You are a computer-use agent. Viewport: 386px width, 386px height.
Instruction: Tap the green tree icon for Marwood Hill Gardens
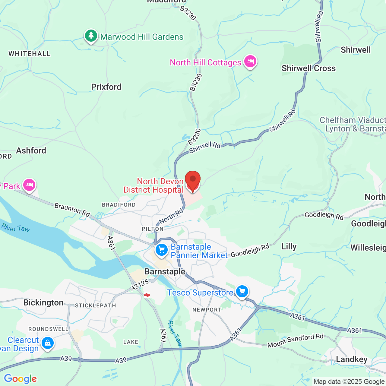(91, 36)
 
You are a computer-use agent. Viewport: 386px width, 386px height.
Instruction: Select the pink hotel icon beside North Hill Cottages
(250, 62)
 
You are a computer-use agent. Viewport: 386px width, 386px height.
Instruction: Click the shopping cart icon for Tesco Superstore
(242, 292)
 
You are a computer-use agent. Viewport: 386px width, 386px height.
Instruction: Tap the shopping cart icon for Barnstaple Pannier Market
(162, 250)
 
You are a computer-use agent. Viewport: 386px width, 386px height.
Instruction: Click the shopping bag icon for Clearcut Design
(47, 343)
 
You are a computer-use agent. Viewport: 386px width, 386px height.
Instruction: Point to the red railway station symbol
(147, 295)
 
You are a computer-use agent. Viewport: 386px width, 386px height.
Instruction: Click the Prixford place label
(106, 87)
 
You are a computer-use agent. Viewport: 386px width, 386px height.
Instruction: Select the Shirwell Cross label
(308, 68)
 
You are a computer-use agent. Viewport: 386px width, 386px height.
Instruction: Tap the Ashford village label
(31, 150)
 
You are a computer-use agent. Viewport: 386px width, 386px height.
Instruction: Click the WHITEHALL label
(30, 54)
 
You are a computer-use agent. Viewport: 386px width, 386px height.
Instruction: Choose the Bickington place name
(43, 302)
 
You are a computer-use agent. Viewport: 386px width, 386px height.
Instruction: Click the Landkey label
(352, 359)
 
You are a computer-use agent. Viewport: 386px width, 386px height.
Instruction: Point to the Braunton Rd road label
(72, 210)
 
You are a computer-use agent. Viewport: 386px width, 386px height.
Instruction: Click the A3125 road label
(140, 285)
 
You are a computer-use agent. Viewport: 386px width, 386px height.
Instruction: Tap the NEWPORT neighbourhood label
(207, 310)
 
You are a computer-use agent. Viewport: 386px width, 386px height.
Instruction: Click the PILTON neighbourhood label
(153, 229)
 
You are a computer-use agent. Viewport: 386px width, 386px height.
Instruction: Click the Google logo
(20, 379)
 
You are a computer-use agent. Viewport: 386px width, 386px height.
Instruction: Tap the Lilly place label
(289, 246)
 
